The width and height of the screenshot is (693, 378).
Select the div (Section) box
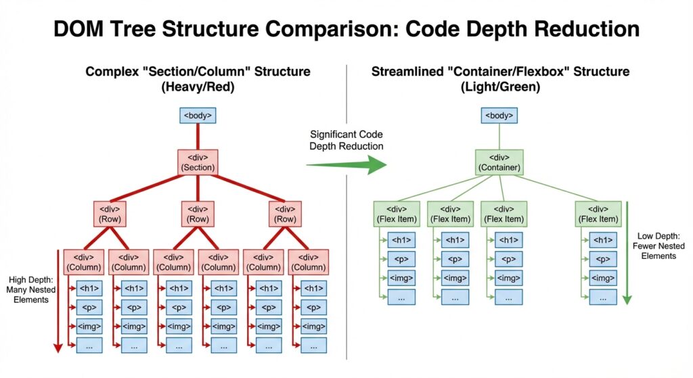[198, 163]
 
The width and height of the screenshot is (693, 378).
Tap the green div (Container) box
[500, 163]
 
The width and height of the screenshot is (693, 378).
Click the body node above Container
[500, 116]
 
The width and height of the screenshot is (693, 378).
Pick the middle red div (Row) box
[198, 214]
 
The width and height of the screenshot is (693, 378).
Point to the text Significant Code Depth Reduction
[346, 141]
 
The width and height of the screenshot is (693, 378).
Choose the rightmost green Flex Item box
[598, 214]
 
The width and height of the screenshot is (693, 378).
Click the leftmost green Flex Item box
[397, 214]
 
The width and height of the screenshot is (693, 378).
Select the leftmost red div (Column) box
[84, 262]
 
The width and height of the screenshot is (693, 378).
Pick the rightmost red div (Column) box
[308, 262]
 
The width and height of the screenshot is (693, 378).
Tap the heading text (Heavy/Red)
[198, 87]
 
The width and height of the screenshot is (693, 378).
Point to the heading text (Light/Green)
[500, 87]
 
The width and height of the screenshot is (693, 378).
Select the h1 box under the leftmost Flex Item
[401, 240]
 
